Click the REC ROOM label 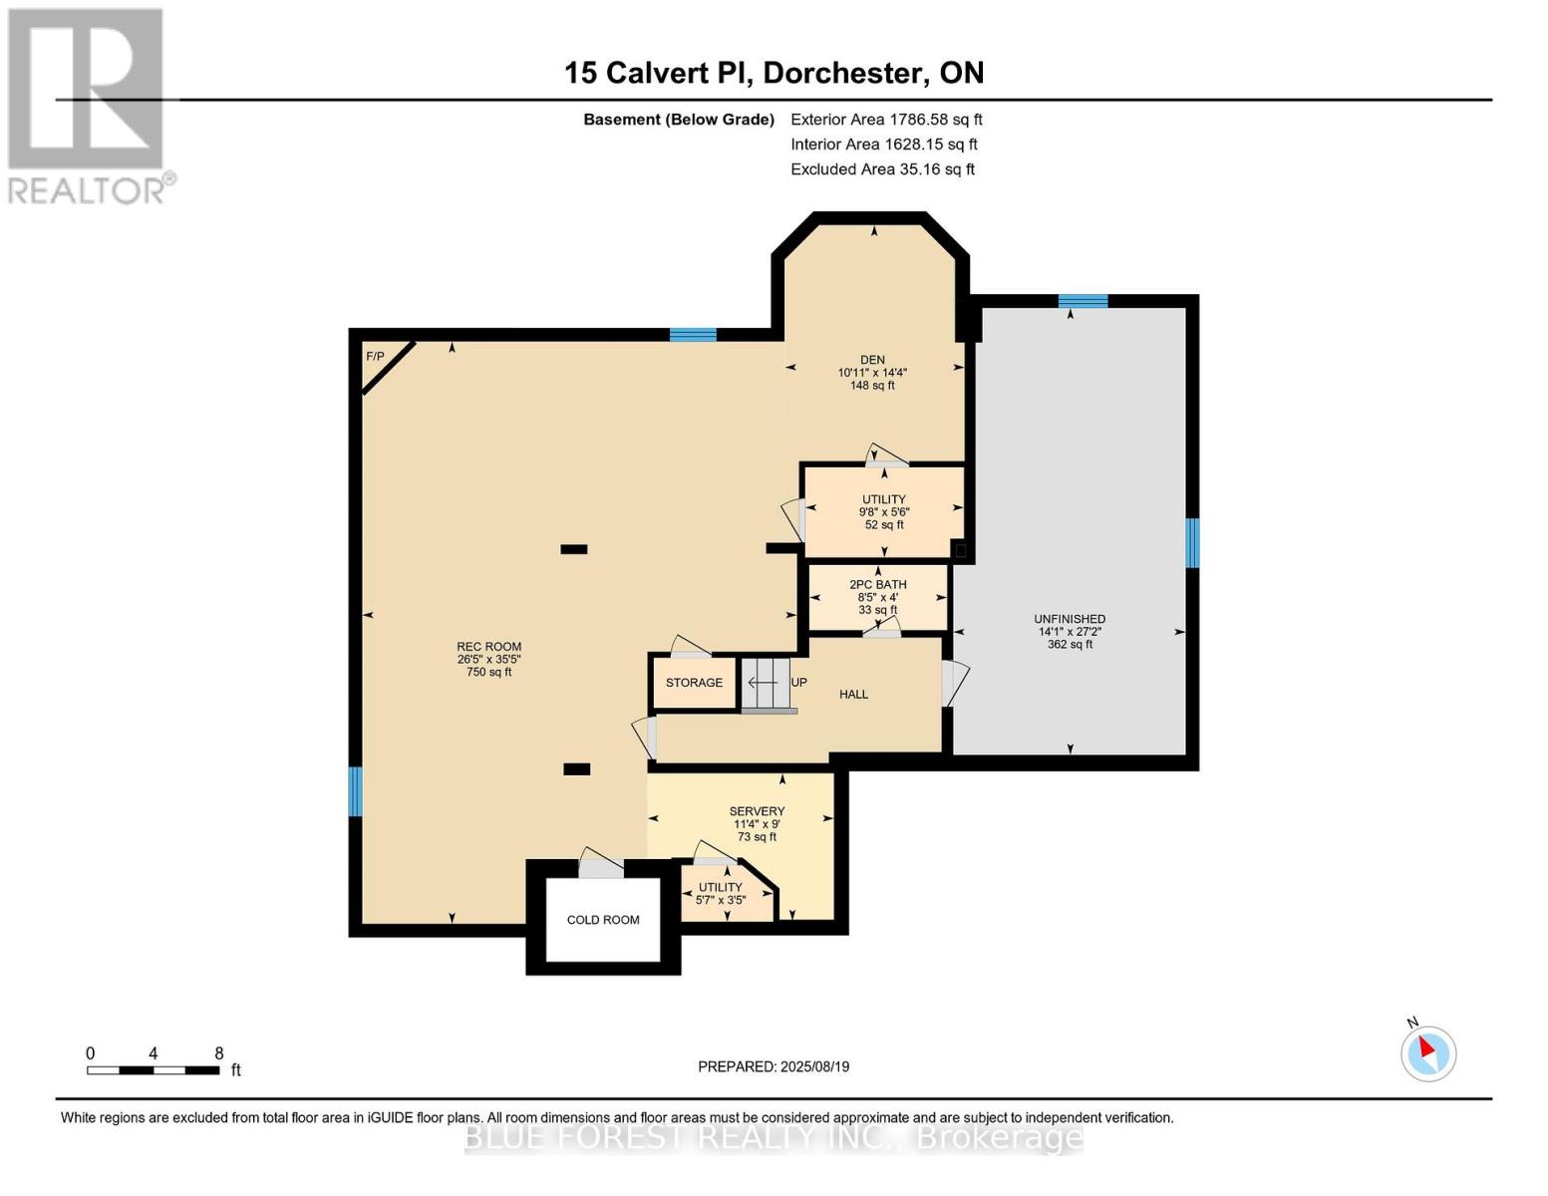(x=488, y=647)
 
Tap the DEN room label (x=872, y=360)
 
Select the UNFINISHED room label (x=1070, y=619)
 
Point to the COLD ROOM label (x=603, y=920)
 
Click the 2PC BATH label (x=877, y=585)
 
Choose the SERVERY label (x=757, y=811)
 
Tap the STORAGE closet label (x=694, y=683)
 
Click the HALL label (x=853, y=695)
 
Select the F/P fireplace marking (x=375, y=357)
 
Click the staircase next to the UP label (x=766, y=684)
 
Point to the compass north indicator (x=1428, y=1052)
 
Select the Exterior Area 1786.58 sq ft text (x=886, y=120)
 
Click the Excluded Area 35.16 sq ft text (x=882, y=169)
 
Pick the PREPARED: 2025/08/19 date (x=774, y=1066)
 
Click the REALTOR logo (x=88, y=105)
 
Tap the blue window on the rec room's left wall (x=355, y=791)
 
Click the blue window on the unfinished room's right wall (x=1191, y=543)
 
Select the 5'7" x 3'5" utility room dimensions (x=721, y=900)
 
